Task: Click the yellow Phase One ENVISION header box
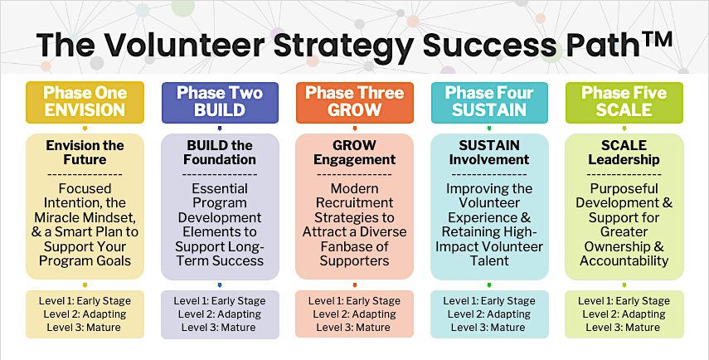[85, 102]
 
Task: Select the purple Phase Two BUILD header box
[220, 102]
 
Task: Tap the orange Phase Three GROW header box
[355, 102]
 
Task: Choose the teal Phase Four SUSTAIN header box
[489, 102]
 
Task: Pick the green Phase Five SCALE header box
[624, 102]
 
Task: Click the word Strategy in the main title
[343, 46]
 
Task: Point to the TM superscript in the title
[657, 39]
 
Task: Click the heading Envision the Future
[85, 153]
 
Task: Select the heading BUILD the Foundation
[220, 153]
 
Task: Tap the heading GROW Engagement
[355, 153]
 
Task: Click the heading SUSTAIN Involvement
[489, 153]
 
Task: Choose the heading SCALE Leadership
[624, 153]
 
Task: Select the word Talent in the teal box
[489, 261]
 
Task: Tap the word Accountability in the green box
[624, 261]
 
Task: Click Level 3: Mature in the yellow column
[84, 328]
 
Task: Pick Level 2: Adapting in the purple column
[219, 314]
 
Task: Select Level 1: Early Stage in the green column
[624, 301]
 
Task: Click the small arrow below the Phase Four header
[488, 129]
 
